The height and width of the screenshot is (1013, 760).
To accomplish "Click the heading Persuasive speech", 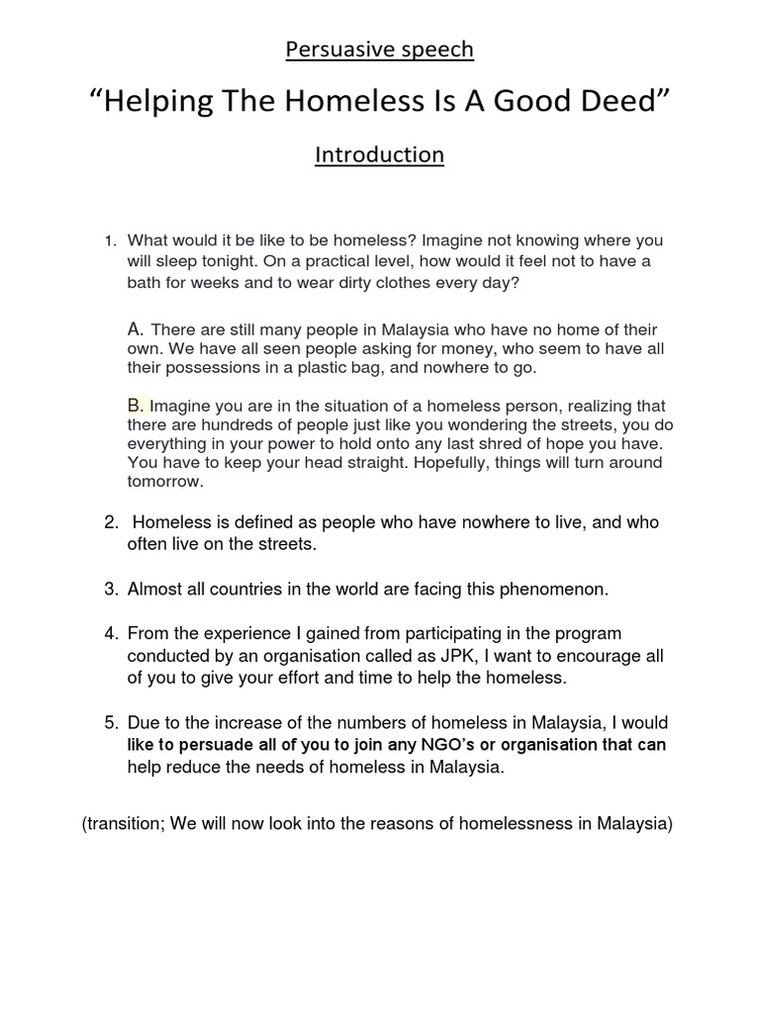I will point(379,49).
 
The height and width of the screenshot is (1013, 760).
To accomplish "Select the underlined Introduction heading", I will point(379,155).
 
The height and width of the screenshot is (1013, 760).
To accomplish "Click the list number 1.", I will point(112,241).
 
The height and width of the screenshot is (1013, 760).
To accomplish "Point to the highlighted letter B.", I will point(136,406).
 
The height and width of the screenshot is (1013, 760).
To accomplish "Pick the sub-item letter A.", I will point(137,328).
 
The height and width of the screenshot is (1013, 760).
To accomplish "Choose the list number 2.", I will point(112,522).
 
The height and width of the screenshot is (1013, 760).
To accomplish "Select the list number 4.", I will point(112,633).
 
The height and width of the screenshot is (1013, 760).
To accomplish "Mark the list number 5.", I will point(112,724).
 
